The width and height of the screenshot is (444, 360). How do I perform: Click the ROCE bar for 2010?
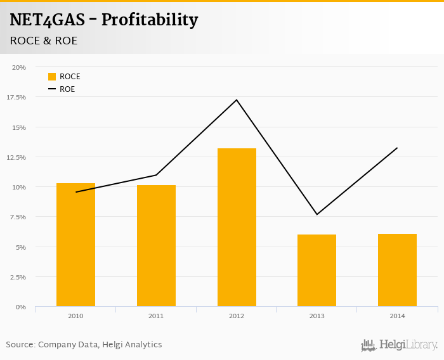coord(75,245)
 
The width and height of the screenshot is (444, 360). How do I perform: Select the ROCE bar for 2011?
coord(156,246)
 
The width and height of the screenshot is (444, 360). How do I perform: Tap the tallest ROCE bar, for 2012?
coord(237,227)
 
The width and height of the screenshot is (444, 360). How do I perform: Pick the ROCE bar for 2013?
coord(317,271)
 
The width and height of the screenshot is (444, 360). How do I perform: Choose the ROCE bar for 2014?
coord(397,270)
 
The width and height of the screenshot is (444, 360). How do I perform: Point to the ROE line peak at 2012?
coord(237,100)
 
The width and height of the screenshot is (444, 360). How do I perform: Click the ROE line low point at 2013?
coord(317,214)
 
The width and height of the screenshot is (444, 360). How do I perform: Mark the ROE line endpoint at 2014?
coord(397,148)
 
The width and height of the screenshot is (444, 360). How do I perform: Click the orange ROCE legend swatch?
coord(52,77)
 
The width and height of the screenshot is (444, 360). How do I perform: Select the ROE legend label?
coord(67,89)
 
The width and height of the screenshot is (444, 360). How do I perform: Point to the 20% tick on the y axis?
coord(19,67)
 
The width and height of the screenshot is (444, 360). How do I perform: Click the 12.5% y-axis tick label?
coord(16,157)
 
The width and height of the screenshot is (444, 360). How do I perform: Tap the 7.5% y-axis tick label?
coord(18,217)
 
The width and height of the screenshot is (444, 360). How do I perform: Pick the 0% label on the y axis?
coord(21,307)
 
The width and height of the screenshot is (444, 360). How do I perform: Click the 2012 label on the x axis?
coord(237,316)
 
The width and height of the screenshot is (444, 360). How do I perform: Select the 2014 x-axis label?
coord(397,316)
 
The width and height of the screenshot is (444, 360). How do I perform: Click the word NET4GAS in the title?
coord(50,20)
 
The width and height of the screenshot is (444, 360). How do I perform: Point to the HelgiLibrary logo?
coord(399,345)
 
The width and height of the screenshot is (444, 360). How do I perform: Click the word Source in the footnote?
coord(20,345)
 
